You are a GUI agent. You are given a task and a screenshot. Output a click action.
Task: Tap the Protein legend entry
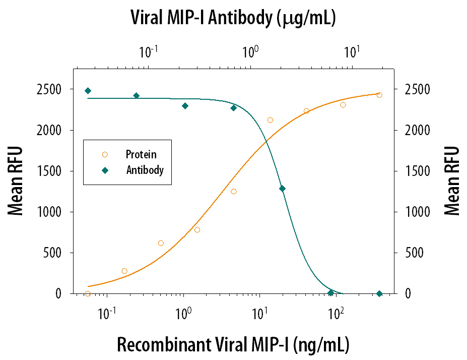click(x=141, y=154)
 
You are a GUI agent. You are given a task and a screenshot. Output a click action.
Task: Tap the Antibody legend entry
click(x=144, y=170)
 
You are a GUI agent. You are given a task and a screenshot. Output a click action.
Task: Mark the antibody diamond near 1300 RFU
click(x=282, y=189)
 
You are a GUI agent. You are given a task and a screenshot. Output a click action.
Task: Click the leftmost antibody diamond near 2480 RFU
click(x=88, y=91)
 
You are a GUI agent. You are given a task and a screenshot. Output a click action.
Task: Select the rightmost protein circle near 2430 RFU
click(x=379, y=95)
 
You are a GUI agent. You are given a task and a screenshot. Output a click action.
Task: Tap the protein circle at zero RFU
click(x=88, y=293)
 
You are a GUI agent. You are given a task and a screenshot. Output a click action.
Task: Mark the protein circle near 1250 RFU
click(x=234, y=192)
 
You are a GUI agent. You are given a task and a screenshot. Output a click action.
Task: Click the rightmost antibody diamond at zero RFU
click(x=379, y=293)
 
